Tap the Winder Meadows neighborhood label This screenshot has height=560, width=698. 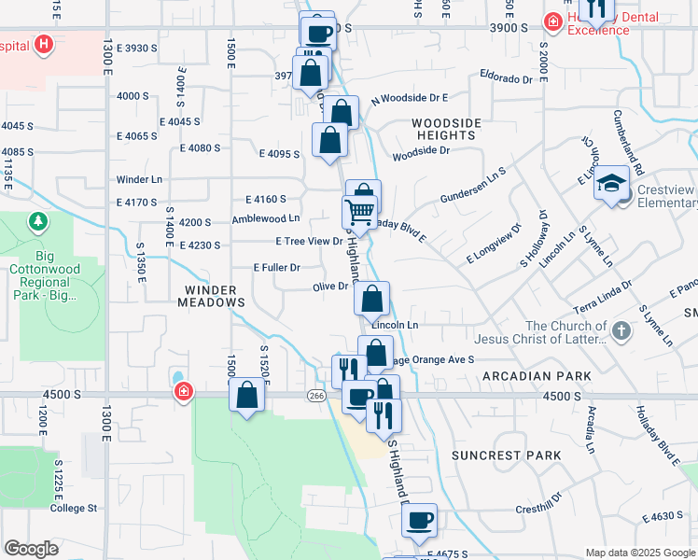pos(214,296)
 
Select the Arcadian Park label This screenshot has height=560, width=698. pos(537,375)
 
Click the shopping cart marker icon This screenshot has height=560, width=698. pos(359,210)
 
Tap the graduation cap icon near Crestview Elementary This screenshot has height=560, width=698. pos(612,182)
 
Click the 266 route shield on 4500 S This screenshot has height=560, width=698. pos(316,396)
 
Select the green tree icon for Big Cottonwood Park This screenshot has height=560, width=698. pos(38,222)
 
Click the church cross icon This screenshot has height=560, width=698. pos(621,329)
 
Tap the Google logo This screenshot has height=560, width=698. pos(32,548)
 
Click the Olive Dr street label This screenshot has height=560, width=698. pos(330,287)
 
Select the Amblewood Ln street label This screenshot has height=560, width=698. pos(266,218)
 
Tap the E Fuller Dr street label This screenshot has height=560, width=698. pos(276,267)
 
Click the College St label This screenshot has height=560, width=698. pos(74,508)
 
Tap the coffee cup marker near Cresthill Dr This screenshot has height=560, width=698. pos(420,518)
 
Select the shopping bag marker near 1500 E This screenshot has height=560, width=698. pos(247,394)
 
